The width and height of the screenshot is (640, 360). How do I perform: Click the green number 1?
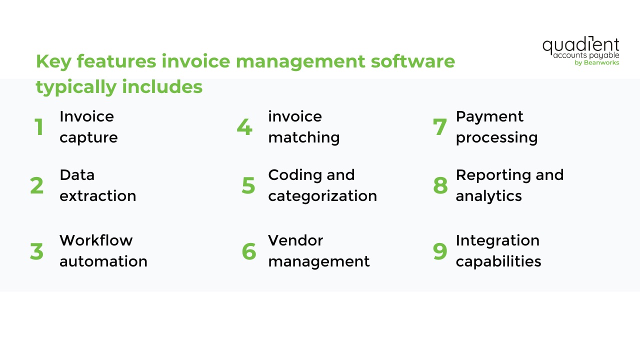(x=39, y=127)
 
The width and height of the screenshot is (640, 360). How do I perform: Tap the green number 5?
(x=248, y=185)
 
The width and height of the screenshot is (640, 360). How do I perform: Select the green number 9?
(x=440, y=251)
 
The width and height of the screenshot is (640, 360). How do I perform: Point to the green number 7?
(x=440, y=127)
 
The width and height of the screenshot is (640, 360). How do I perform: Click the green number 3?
(x=37, y=251)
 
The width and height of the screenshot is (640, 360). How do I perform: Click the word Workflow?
(x=96, y=240)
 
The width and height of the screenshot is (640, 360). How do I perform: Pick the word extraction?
(x=98, y=196)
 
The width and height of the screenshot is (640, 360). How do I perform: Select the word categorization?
(x=322, y=196)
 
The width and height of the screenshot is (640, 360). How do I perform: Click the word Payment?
(x=489, y=116)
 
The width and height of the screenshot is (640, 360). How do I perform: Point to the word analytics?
(x=488, y=196)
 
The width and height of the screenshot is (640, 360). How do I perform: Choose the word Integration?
(x=497, y=240)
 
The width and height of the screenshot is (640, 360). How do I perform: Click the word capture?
(x=88, y=137)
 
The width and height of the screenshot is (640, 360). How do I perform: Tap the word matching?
(x=303, y=137)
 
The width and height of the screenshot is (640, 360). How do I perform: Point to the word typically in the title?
(x=75, y=87)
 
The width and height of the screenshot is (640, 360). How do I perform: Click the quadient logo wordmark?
(x=580, y=45)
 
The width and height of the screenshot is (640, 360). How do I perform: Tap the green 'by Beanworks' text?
(x=597, y=63)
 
